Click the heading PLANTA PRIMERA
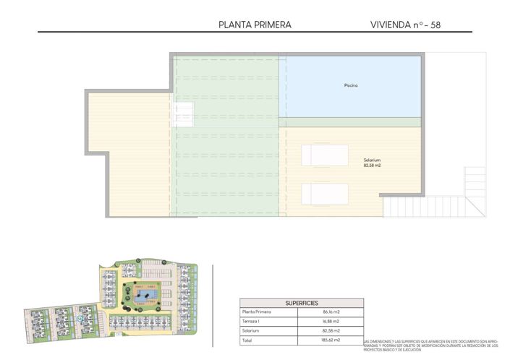coord(255,25)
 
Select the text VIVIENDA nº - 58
coord(404,25)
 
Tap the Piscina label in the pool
coord(351,86)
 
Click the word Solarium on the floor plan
coord(372,160)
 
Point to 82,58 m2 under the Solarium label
coord(372,166)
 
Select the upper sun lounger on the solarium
coord(325,155)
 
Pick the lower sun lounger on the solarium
coord(325,194)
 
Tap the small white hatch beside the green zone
coord(183,114)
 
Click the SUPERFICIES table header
coord(302,303)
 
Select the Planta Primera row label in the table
coord(257,312)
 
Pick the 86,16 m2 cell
coord(332,312)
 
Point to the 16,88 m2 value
coord(332,321)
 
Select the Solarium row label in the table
coord(252,330)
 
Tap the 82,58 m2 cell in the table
coord(332,330)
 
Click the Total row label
coord(248,339)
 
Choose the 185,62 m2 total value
coord(332,339)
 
